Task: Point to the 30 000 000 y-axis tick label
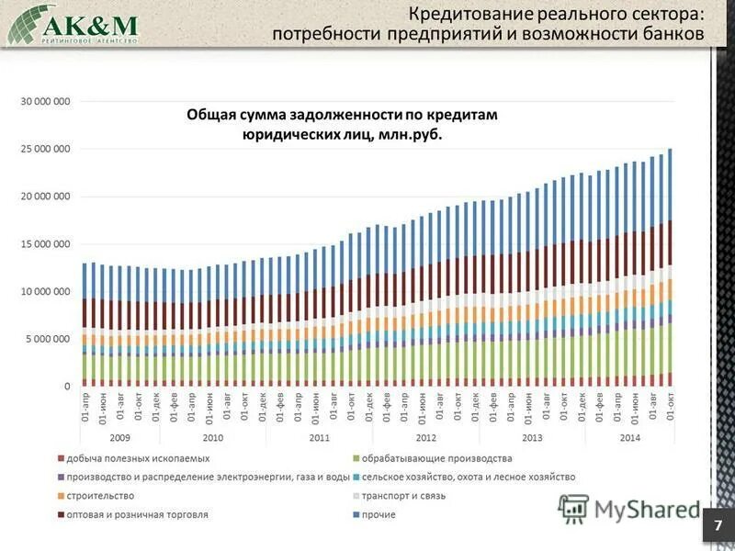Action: (45, 101)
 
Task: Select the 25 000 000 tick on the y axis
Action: (45, 149)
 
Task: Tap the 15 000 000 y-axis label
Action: (45, 244)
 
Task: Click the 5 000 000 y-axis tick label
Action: (48, 339)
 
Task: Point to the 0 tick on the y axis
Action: (66, 387)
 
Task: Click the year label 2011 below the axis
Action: (318, 438)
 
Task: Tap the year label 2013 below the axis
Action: (531, 438)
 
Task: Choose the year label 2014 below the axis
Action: (629, 438)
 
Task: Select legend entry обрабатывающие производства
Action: (436, 458)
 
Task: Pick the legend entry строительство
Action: (100, 496)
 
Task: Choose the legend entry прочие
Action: (379, 515)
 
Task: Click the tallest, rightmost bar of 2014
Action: (670, 266)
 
